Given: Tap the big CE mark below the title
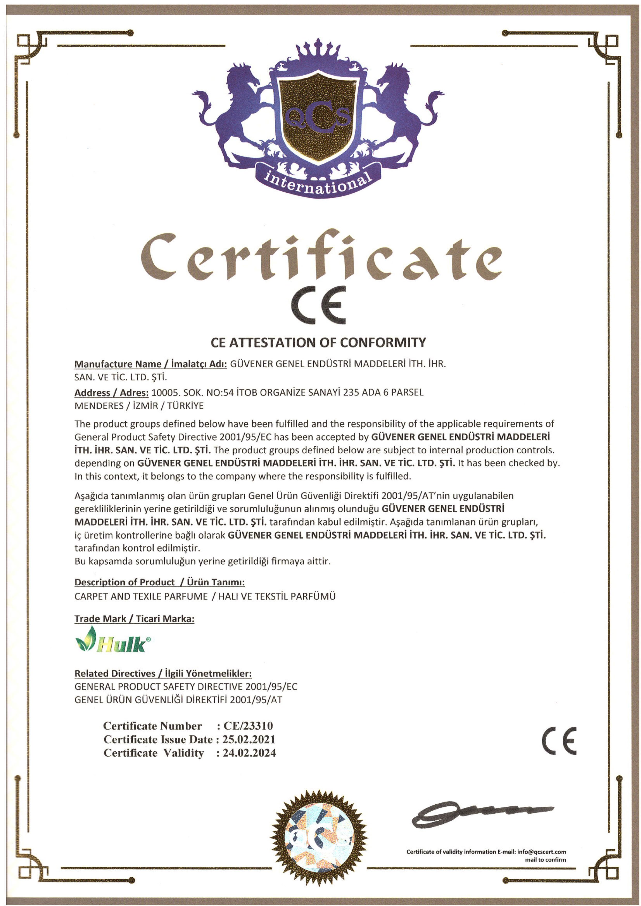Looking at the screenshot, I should coord(318,305).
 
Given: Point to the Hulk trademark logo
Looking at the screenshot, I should coord(113,640).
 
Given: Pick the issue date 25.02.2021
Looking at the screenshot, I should coord(249,739).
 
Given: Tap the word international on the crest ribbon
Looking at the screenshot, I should coord(318,182).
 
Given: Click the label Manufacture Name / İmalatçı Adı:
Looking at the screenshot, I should coord(150,364).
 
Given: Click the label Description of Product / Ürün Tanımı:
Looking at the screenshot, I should coord(160,582).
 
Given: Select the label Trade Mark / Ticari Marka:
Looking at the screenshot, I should coord(134,619).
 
